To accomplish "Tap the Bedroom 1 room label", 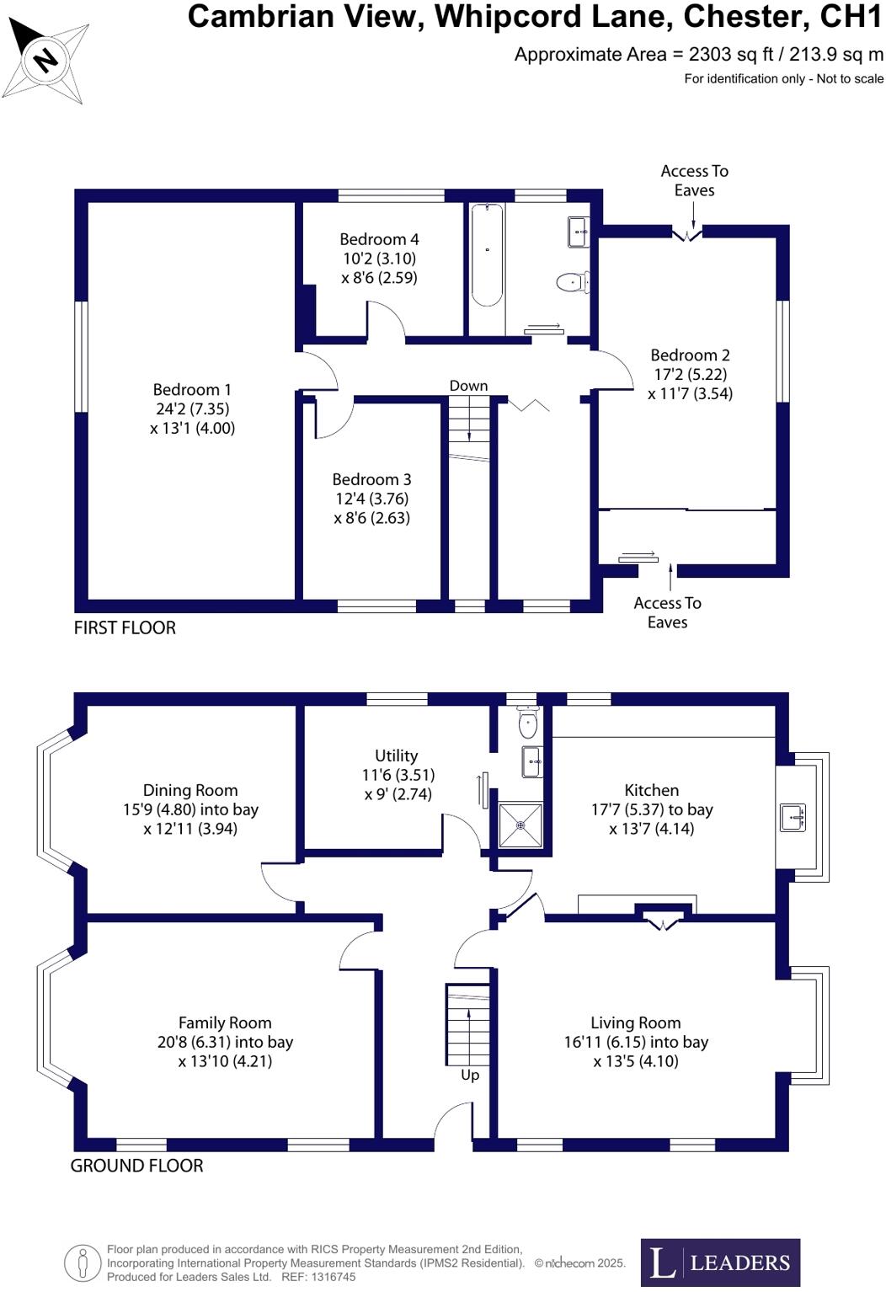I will pos(192,390).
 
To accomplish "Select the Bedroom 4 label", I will pos(379,239).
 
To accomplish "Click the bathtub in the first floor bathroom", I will pos(487,254).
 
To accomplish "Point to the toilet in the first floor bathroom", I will pos(573,282).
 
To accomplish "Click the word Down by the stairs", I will pos(468,386).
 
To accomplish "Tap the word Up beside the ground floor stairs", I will pos(470,1075).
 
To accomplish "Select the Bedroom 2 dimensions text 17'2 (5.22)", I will pos(690,374).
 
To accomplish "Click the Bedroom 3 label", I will pos(371,479).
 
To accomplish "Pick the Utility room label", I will pos(396,755).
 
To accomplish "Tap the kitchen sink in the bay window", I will pos(793,817).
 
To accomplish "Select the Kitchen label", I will pos(651,790).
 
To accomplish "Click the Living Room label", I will pos(635,1022).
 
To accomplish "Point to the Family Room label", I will pos(225,1022).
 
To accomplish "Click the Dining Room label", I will pos(190,790).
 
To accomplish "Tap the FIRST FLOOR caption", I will pos(125,627).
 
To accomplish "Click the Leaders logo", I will pos(720,1262).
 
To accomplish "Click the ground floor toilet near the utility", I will pos(528,723).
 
